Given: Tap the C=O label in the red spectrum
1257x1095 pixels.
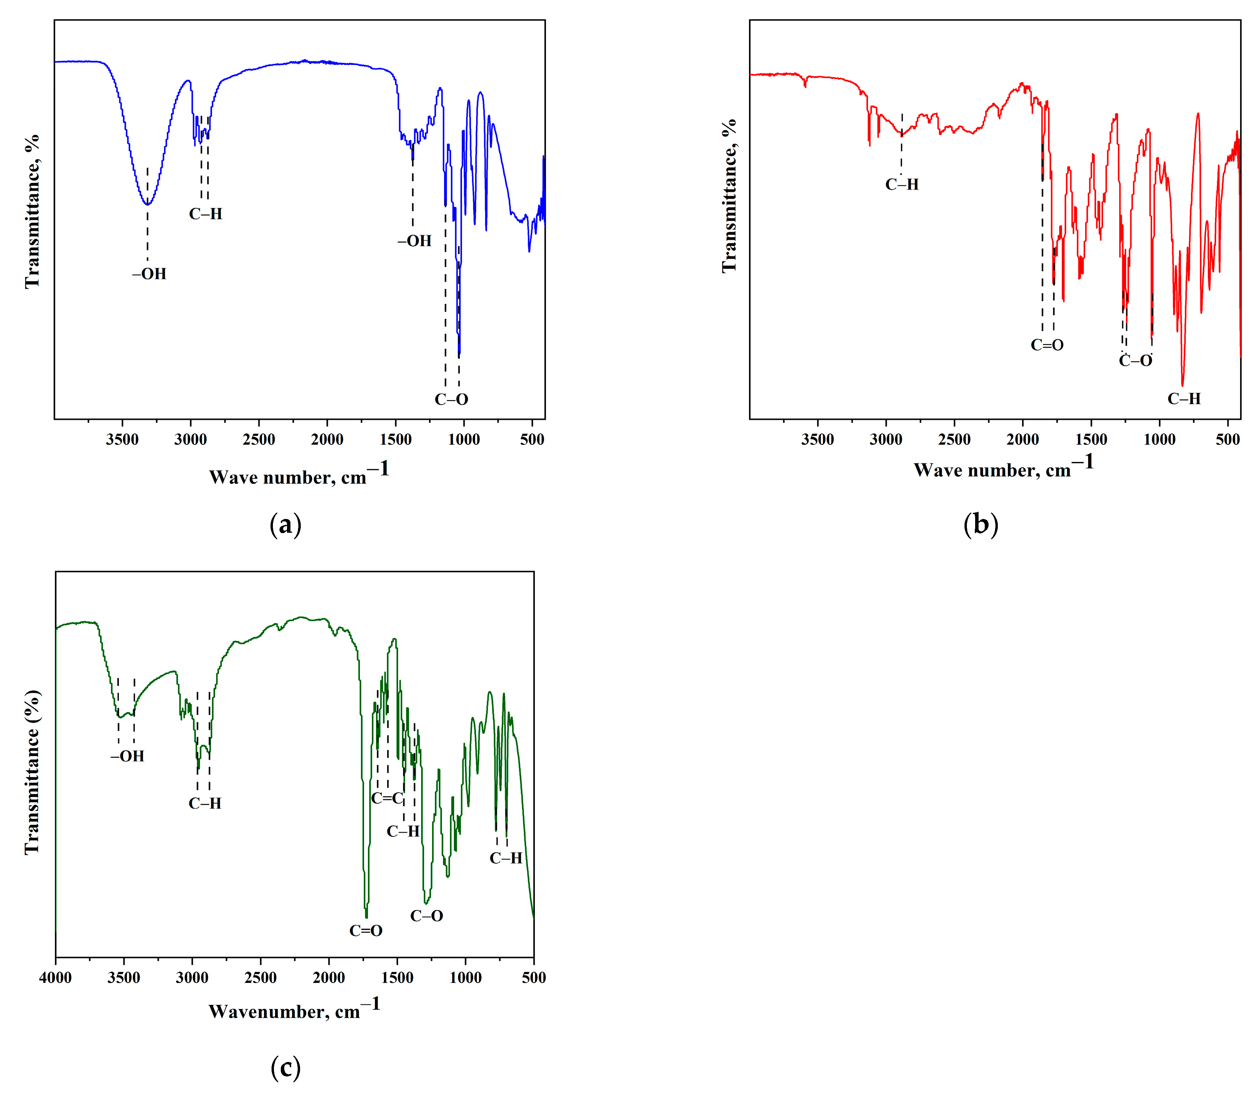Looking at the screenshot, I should (1047, 345).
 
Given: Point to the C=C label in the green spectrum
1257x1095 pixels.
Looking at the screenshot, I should (387, 798).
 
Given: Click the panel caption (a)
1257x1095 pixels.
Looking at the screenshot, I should (285, 524).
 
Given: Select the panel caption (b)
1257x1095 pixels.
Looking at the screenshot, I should (980, 524).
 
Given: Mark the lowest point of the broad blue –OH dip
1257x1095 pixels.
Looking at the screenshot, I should (147, 204).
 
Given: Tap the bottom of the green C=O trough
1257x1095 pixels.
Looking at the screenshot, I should (366, 917).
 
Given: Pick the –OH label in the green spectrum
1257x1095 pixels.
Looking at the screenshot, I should (127, 756).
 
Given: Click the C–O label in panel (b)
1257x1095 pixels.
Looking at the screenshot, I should (1135, 361).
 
